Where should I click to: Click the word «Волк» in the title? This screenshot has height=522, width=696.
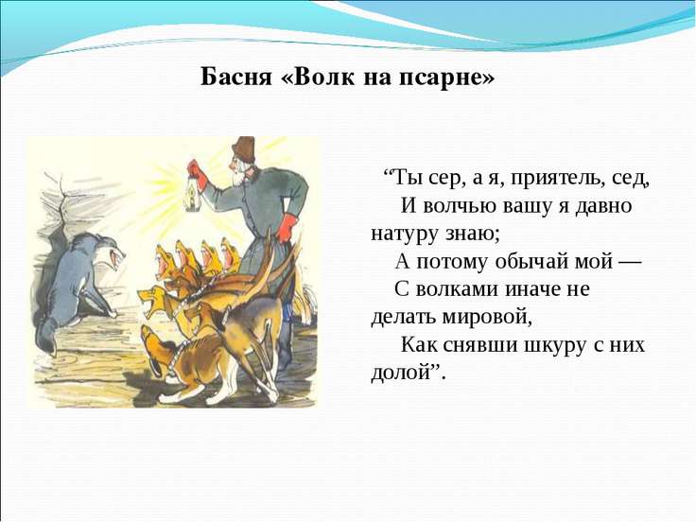pyautogui.click(x=323, y=78)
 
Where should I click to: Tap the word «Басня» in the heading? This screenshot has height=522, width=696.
pyautogui.click(x=235, y=78)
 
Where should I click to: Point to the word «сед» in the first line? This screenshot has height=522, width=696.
pyautogui.click(x=630, y=179)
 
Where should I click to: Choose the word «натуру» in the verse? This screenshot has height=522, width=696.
pyautogui.click(x=404, y=234)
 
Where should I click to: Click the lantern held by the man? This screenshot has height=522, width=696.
pyautogui.click(x=192, y=195)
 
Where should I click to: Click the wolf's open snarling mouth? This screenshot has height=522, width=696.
pyautogui.click(x=116, y=260)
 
